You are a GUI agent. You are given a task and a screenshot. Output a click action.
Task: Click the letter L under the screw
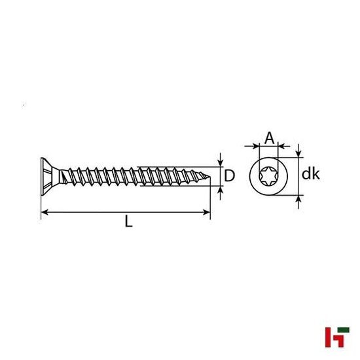tap(129, 223)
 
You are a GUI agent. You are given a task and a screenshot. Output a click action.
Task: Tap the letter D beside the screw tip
tap(230, 175)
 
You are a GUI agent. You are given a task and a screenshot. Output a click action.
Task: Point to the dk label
tap(310, 175)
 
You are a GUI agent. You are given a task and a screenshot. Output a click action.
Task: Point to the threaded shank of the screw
tap(131, 175)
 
